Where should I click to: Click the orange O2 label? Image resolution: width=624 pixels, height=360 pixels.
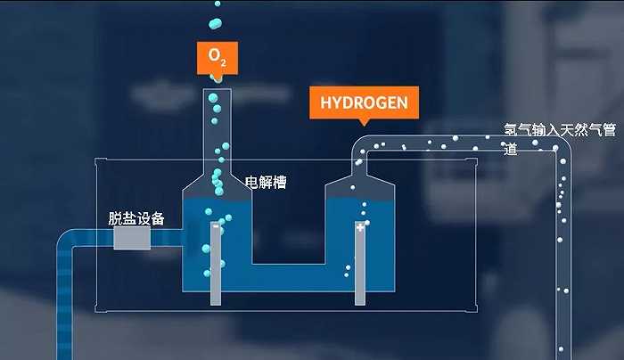click(x=217, y=57)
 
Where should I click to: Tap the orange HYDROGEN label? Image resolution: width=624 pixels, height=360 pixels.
click(x=364, y=102)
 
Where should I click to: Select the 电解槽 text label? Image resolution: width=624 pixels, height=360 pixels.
click(x=266, y=183)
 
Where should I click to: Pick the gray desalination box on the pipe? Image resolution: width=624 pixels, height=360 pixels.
click(x=132, y=238)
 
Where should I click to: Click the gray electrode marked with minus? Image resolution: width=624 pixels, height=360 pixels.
click(x=216, y=264)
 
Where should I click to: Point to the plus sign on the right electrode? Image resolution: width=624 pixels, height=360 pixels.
click(x=361, y=228)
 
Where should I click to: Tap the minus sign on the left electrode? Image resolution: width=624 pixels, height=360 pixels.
click(x=216, y=227)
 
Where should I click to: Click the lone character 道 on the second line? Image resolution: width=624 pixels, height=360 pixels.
click(x=511, y=149)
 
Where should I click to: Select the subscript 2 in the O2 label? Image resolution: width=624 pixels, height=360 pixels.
click(x=223, y=62)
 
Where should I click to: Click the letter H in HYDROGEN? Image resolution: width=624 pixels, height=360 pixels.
click(x=324, y=102)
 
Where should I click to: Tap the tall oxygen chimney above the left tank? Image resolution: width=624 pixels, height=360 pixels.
click(x=217, y=125)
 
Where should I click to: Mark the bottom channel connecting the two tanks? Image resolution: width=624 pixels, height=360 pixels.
click(x=288, y=277)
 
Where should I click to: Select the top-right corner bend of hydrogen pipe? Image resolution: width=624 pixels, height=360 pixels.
click(x=557, y=146)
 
